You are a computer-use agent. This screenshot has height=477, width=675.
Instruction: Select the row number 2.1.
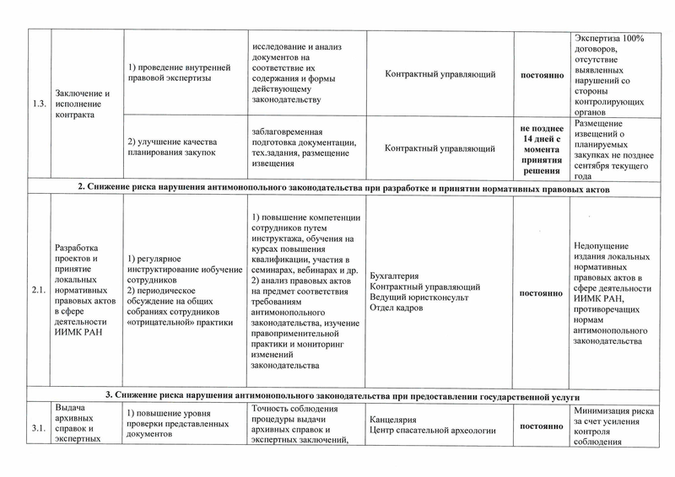click(x=36, y=292)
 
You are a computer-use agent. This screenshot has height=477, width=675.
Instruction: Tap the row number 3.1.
click(x=36, y=428)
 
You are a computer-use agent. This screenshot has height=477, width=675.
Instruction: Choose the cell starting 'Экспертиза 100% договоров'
click(x=608, y=75)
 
